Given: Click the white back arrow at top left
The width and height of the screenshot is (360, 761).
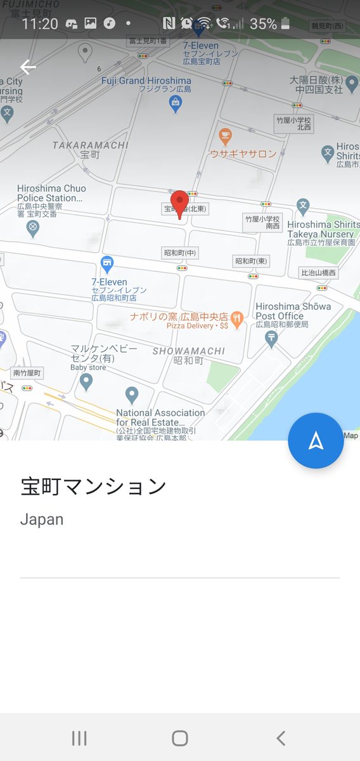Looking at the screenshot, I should click(28, 67).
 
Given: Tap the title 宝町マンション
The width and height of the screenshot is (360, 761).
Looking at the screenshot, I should click(93, 486).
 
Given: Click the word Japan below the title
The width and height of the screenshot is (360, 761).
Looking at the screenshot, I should click(42, 519).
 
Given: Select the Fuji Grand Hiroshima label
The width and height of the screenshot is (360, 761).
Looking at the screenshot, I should click(146, 81).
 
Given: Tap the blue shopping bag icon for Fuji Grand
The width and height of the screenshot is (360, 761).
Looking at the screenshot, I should click(176, 105).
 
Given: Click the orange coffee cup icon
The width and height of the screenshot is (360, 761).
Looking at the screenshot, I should click(224, 136).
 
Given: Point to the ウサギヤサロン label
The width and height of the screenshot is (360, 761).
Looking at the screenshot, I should click(243, 153).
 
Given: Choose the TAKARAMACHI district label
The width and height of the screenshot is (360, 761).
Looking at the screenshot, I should click(91, 145).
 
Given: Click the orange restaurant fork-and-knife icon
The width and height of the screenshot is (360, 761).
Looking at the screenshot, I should click(237, 319).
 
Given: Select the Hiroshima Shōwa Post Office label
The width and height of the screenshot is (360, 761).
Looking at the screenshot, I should click(293, 311).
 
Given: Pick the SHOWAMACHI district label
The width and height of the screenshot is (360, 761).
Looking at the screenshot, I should click(189, 351).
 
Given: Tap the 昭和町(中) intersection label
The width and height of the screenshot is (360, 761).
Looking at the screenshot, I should click(181, 253).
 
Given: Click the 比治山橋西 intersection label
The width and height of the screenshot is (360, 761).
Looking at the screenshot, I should click(318, 273).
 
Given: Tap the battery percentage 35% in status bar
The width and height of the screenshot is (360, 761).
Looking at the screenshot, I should click(263, 24).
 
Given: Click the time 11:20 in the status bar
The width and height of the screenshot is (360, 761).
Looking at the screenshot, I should click(40, 24).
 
